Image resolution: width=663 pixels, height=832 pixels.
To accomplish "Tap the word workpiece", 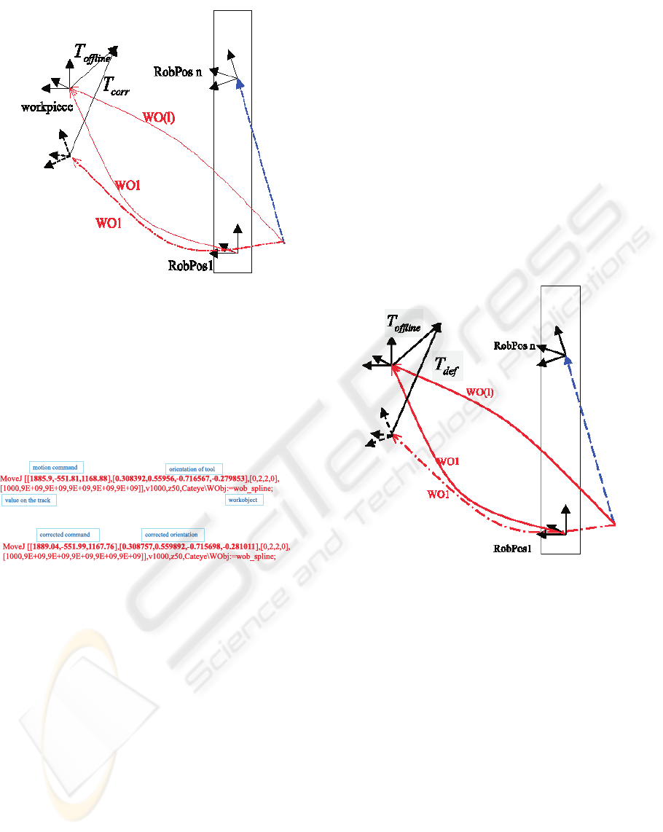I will [44, 107].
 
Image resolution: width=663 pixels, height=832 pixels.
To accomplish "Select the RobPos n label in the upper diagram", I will [178, 71].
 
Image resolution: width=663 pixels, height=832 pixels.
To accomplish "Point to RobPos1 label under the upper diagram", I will [190, 265].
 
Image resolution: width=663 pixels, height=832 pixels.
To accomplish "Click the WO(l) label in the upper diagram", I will [160, 117].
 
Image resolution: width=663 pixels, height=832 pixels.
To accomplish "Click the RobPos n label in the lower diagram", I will [514, 345].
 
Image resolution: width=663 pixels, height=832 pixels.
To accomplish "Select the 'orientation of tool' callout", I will [194, 468].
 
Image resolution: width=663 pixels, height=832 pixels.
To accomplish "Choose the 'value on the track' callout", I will [29, 501].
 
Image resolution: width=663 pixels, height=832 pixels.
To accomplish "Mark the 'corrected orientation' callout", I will [173, 535].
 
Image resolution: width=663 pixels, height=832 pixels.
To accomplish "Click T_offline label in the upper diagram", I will [92, 52].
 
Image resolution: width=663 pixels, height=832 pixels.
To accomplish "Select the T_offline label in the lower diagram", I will [403, 323].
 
